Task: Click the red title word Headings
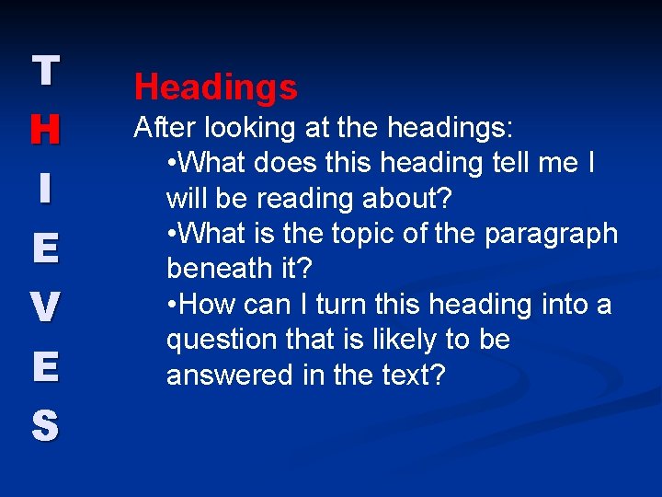(x=215, y=87)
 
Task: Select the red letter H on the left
(x=45, y=130)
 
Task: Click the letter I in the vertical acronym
(x=45, y=189)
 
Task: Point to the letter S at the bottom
(x=45, y=425)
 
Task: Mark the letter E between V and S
(x=45, y=366)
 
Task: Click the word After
(x=165, y=126)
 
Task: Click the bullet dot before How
(x=173, y=305)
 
